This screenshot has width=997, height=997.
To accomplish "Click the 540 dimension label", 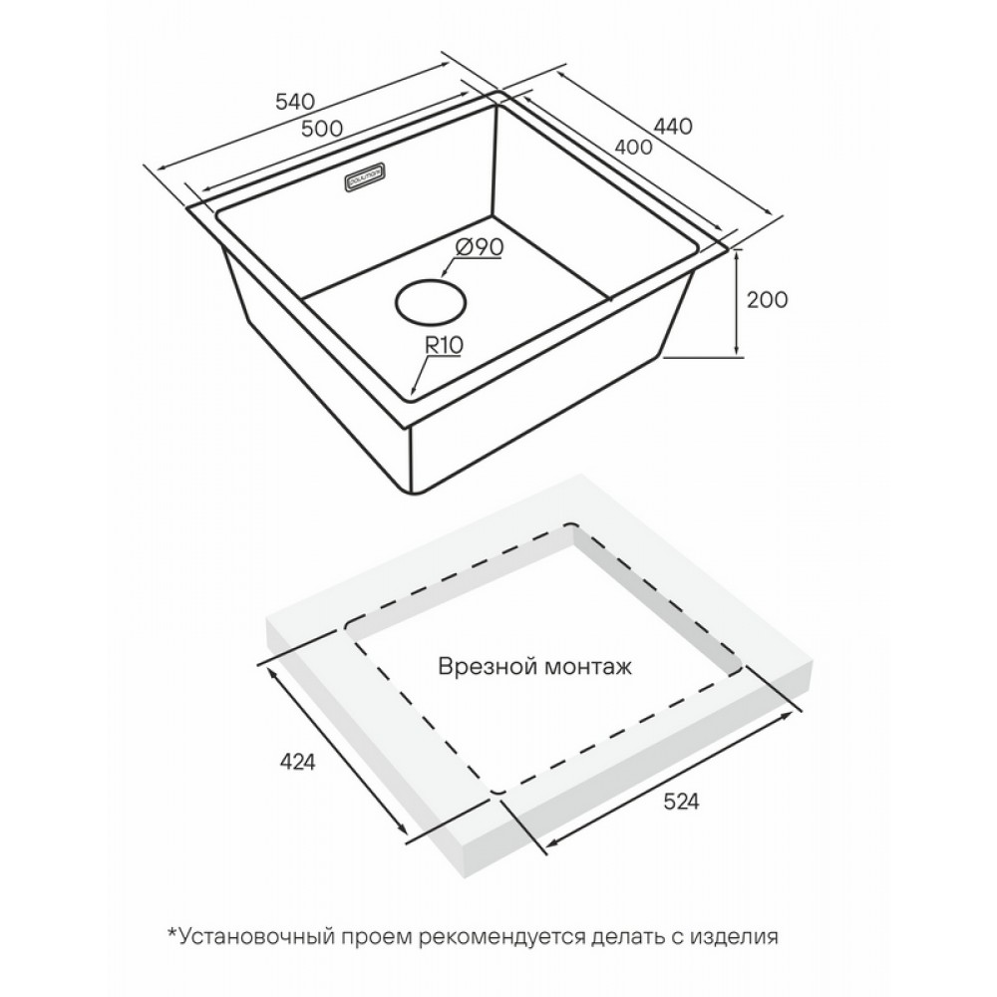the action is tap(295, 101).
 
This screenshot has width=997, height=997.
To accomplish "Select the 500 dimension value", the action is tap(322, 129).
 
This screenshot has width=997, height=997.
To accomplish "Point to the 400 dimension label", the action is tap(633, 147).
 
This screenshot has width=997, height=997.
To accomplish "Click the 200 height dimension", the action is tap(767, 299).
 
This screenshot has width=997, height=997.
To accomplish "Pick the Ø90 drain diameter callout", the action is tap(480, 247).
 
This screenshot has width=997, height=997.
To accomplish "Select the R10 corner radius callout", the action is tap(444, 346).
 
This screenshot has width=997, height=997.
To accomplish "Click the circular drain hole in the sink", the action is tap(431, 301).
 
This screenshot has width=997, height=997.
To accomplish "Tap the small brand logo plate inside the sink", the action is tap(364, 178).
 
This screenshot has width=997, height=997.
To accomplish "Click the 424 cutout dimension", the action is tap(297, 762).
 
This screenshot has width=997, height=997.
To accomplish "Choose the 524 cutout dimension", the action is tap(681, 802).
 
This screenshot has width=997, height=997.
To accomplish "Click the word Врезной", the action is tap(489, 667).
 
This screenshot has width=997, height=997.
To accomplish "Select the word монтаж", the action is tap(589, 668).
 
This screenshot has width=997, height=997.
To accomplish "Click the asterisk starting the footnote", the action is tap(171, 933).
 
